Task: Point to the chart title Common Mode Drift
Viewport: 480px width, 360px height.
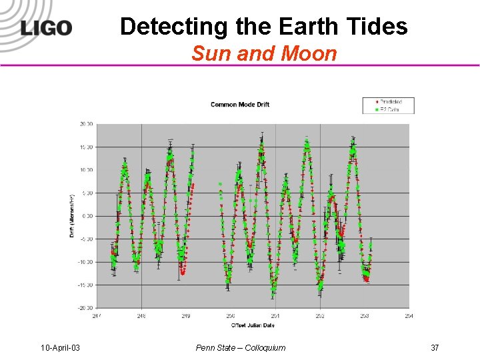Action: point(240,105)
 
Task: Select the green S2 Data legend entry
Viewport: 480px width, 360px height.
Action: point(387,109)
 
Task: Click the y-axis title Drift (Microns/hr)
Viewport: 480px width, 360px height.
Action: point(72,215)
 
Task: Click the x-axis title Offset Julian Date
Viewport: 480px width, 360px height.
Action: point(253,325)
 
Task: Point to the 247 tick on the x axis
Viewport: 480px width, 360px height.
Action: point(97,316)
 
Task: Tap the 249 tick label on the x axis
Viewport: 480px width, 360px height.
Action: point(185,316)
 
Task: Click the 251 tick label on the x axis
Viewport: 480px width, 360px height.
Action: point(275,316)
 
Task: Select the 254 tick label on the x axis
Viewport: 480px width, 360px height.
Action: point(409,316)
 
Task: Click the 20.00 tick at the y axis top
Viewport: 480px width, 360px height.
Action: point(85,124)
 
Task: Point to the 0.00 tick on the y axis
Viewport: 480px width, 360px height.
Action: point(87,216)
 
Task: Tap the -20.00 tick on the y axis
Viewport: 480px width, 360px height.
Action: point(85,308)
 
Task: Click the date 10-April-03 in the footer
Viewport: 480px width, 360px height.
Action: point(60,347)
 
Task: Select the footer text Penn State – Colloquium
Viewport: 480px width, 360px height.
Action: point(241,347)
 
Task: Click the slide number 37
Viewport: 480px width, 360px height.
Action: point(435,347)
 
